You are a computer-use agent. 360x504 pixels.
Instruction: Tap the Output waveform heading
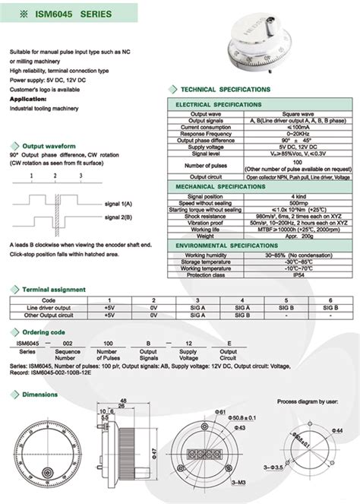[49, 144]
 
